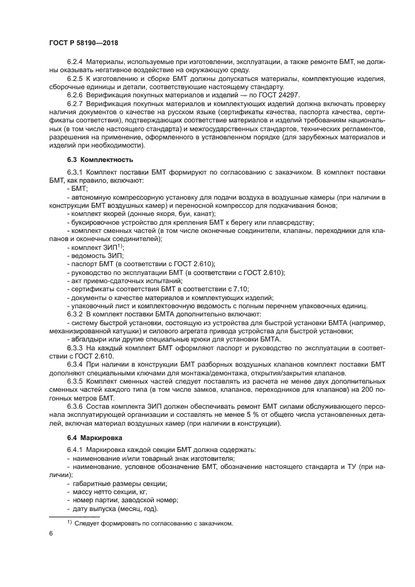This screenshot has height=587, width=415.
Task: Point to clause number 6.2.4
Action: coord(75,61)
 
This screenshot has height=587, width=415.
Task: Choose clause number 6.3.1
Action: coord(75,171)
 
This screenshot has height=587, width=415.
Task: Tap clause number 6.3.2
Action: coord(75,313)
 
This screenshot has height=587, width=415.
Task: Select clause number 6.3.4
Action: coord(75,364)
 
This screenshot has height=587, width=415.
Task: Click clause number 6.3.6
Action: coord(75,406)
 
